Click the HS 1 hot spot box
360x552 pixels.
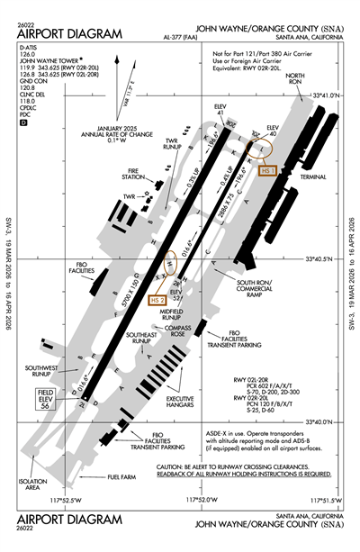268,169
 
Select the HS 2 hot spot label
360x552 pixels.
157,300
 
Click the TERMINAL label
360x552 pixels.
313,177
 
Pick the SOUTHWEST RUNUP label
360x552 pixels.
40,369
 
